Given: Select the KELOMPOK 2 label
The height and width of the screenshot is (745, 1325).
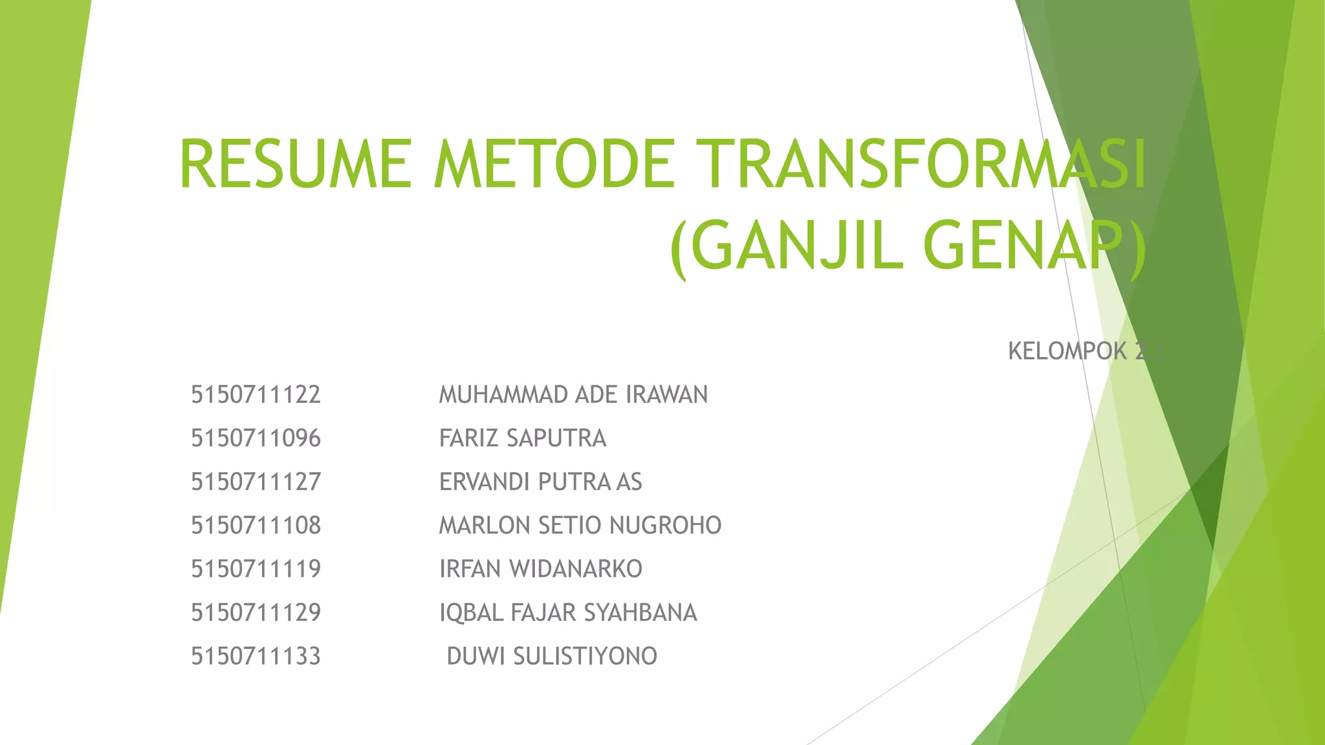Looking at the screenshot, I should (1084, 351).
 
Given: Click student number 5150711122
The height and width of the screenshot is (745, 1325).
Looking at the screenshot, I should (256, 394).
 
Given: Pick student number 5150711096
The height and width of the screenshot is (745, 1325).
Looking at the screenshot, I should (256, 438).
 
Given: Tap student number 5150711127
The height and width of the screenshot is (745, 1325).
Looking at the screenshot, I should (256, 482).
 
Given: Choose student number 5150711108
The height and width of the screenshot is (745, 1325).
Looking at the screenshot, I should (256, 525).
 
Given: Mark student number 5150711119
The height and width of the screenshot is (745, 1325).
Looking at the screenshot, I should (256, 569).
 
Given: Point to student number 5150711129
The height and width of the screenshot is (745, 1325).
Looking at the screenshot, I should (256, 612).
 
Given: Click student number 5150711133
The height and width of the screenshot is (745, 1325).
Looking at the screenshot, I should (256, 656).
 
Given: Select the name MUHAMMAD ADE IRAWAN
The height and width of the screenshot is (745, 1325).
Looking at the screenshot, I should (573, 394).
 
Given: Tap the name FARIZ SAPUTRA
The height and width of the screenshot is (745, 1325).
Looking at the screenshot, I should (523, 438).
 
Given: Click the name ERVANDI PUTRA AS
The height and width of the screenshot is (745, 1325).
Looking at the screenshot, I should (540, 482).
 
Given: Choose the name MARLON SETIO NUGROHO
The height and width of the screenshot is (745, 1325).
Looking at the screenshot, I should (580, 525).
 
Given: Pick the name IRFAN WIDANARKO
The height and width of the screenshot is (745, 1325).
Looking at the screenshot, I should (540, 569).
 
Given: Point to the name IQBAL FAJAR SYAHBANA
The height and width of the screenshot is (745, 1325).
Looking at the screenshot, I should (568, 612).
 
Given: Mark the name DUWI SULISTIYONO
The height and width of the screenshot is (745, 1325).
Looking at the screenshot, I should (552, 656).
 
